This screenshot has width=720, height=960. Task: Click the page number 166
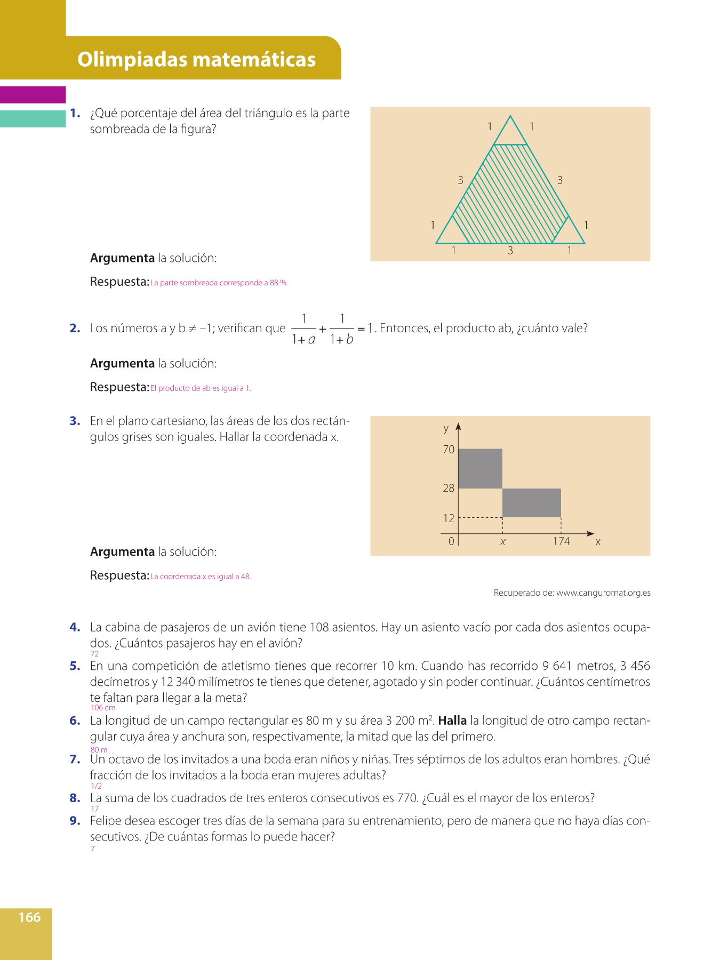[29, 917]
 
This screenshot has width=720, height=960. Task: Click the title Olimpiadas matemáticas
[196, 59]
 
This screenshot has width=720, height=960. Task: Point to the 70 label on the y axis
[449, 450]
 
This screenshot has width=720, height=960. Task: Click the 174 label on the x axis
[561, 541]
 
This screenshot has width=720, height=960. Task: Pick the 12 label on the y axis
[449, 518]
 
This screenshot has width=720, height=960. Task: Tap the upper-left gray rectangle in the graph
[480, 468]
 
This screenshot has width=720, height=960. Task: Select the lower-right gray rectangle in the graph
[531, 502]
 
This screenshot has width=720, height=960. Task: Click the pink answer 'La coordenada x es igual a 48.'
[201, 577]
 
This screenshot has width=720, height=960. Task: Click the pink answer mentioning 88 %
[219, 283]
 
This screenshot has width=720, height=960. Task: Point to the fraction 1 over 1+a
[303, 329]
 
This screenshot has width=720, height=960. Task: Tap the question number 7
[75, 759]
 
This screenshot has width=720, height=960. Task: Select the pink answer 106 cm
[103, 708]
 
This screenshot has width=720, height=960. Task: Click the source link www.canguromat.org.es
[603, 593]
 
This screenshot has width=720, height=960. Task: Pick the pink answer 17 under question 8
[94, 809]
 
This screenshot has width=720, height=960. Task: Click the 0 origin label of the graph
[451, 541]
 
